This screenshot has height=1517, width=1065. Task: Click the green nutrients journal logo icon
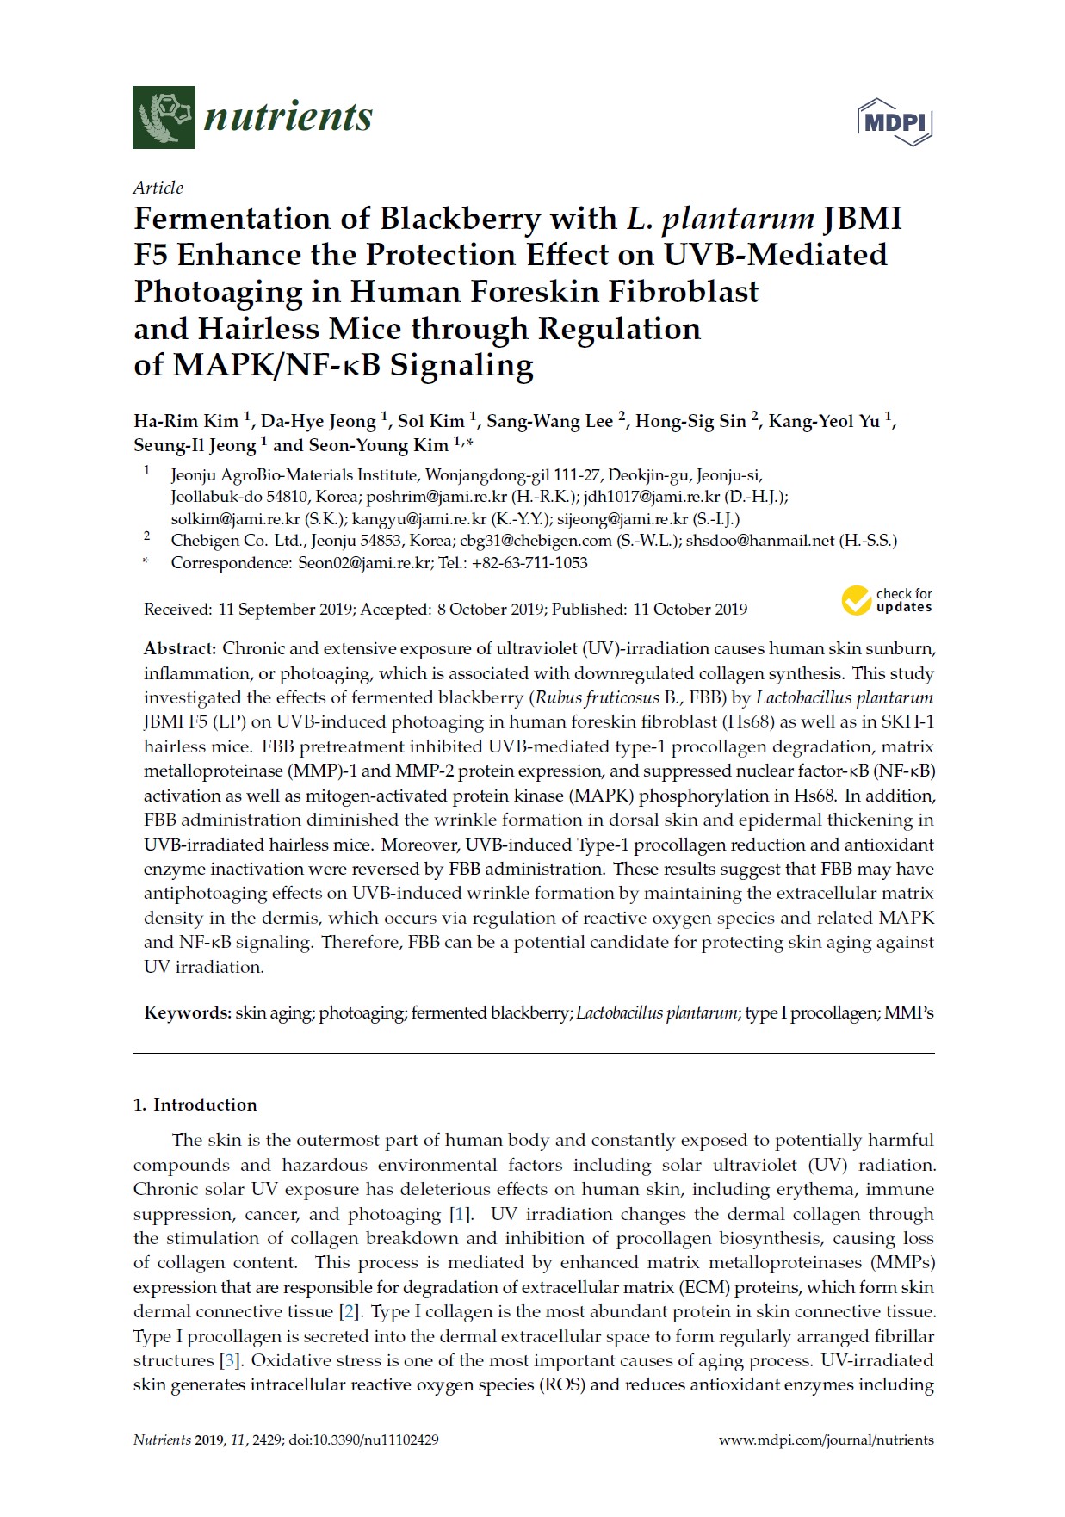164,117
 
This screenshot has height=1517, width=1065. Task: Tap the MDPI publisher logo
895,121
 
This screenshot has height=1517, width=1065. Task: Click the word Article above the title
158,188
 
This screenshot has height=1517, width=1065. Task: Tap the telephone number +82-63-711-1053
529,563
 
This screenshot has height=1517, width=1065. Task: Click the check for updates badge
888,600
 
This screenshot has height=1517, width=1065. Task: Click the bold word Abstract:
180,648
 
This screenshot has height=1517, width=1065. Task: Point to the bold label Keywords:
187,1012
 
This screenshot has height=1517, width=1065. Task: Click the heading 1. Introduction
195,1105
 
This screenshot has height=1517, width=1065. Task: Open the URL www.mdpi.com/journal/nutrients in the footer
826,1440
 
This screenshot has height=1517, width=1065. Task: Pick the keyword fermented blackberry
490,1012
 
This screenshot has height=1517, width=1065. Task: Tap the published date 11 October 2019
690,610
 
